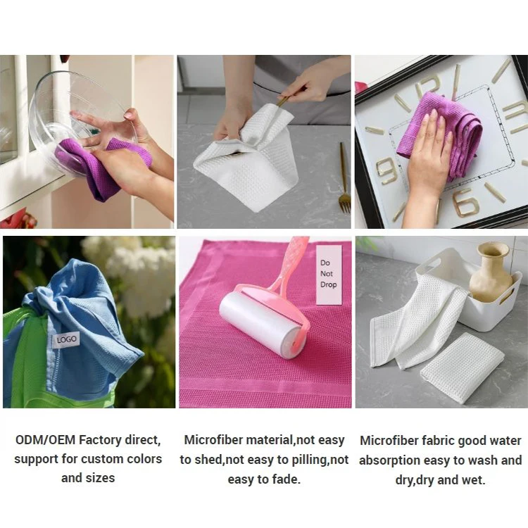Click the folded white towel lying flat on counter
[462, 367]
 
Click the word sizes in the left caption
[100, 478]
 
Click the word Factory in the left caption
[106, 441]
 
